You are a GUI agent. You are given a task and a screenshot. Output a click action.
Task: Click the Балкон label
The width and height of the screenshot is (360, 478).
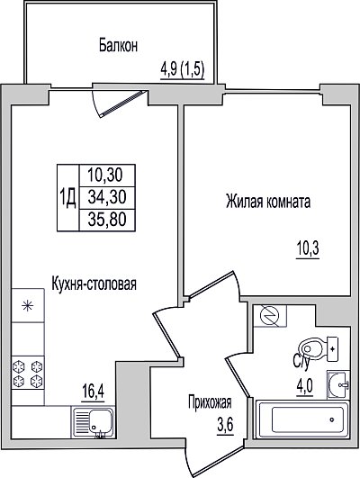118,46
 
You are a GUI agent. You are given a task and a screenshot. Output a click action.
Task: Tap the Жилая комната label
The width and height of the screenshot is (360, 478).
268,202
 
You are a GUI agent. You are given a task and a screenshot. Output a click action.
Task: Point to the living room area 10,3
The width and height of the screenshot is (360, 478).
308,248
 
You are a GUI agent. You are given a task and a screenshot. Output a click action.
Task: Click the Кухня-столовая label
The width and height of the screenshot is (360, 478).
94,284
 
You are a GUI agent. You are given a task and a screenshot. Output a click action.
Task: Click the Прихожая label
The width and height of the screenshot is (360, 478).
210,402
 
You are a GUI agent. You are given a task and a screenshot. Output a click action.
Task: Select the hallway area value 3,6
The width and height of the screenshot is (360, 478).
225,424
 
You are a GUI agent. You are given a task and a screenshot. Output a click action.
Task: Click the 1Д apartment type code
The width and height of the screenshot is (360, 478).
67,197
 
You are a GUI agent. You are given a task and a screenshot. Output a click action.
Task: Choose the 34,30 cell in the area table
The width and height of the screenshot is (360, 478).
107,197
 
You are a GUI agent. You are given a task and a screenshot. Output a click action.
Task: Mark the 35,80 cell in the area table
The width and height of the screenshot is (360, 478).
107,220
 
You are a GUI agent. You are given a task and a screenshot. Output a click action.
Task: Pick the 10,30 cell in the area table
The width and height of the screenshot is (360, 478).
105,176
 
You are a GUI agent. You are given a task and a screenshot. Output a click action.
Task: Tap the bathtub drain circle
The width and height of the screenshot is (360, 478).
332,419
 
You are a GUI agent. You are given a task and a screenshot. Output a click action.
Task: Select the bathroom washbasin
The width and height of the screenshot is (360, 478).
338,384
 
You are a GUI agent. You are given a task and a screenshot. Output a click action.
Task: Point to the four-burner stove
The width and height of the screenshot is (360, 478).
28,373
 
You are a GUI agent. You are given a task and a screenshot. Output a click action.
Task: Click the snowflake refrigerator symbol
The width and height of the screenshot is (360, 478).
28,305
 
